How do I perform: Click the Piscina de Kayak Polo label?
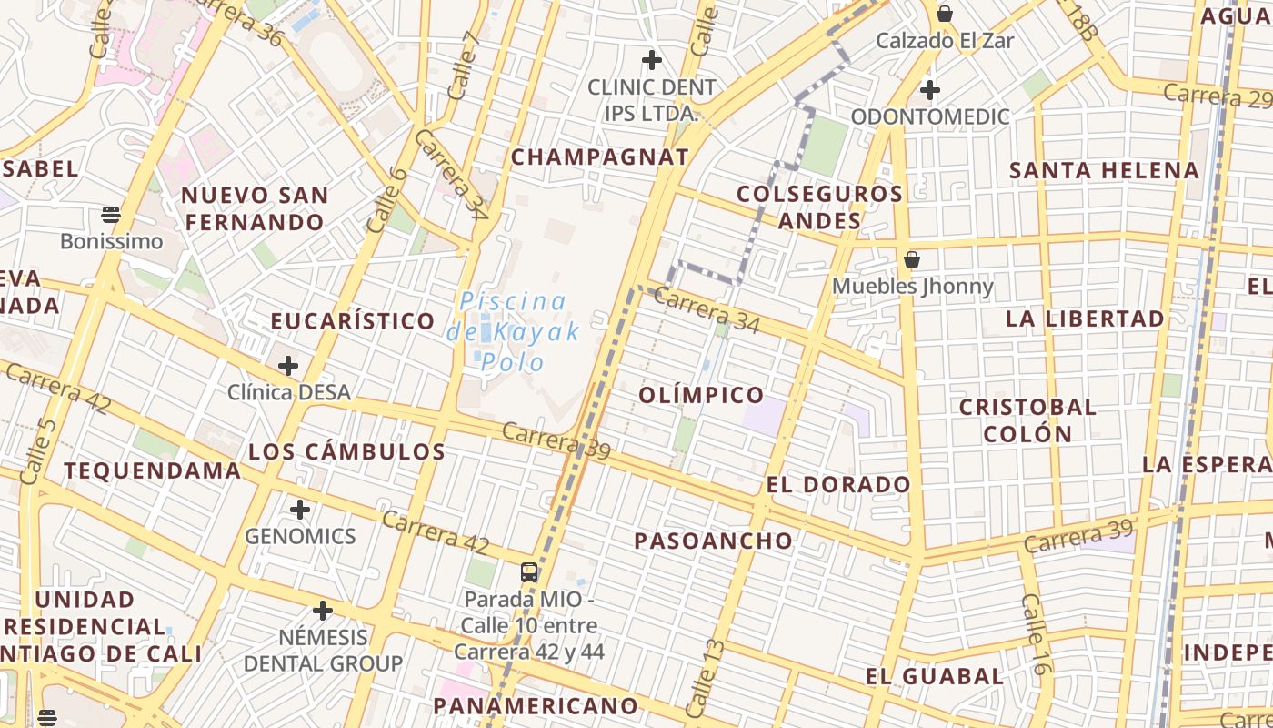[513, 332]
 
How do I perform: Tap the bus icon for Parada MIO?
[529, 572]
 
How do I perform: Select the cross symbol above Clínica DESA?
[288, 366]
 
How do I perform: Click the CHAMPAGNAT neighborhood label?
[600, 157]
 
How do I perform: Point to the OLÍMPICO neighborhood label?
[701, 394]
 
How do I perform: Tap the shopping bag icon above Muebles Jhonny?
[912, 259]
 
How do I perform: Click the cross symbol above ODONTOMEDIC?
[929, 90]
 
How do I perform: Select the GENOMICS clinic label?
[300, 535]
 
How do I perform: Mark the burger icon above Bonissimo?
[111, 215]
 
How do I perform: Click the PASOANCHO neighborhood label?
[714, 541]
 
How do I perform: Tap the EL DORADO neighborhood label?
[838, 484]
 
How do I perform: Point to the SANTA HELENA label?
[1105, 170]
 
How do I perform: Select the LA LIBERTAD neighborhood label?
[1086, 318]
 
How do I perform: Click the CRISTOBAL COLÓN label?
[1028, 420]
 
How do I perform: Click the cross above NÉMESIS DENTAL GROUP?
[323, 611]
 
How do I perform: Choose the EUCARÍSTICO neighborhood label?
[353, 320]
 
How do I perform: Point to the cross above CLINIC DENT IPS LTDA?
[651, 61]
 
